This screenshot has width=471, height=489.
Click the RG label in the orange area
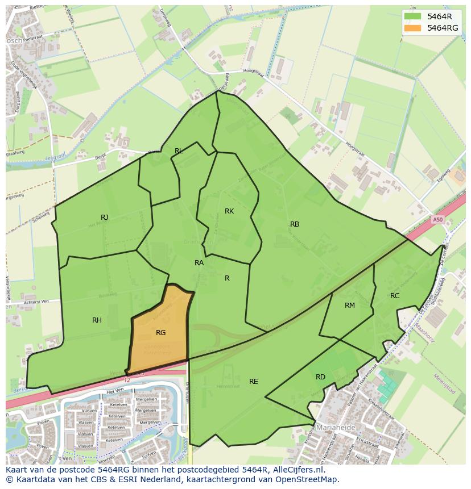[x=160, y=332]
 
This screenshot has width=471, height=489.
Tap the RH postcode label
[x=97, y=320]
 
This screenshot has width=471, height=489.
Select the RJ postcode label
[x=104, y=217]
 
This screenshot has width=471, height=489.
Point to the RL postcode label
[x=179, y=151]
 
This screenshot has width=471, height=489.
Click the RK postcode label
[x=229, y=211]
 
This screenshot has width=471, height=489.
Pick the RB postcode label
[x=294, y=224]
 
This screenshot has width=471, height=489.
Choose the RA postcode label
[x=199, y=262]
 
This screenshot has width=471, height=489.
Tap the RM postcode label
[x=349, y=305]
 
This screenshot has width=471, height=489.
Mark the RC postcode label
[x=395, y=295]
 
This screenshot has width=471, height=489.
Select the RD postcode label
[x=320, y=377]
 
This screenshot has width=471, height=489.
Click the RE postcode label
[x=253, y=381]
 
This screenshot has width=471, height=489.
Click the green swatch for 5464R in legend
[x=413, y=16]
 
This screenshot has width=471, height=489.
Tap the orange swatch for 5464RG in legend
[x=413, y=28]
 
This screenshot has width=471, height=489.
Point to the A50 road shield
[x=437, y=220]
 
